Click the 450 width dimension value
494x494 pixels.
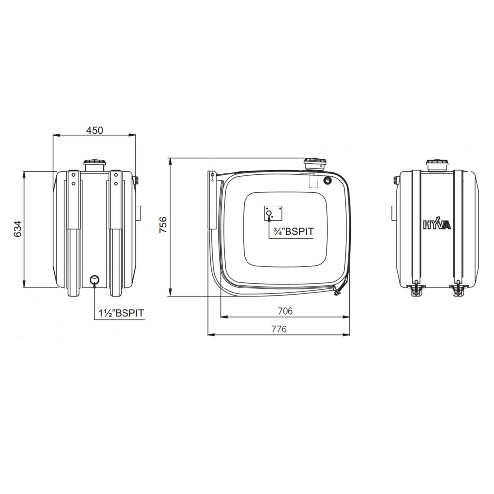94,130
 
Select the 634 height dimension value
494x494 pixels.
18,229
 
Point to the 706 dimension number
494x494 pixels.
285,311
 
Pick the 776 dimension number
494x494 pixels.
279,329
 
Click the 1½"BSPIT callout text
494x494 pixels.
122,313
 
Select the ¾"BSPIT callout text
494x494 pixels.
293,231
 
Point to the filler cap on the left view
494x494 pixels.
94,165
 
